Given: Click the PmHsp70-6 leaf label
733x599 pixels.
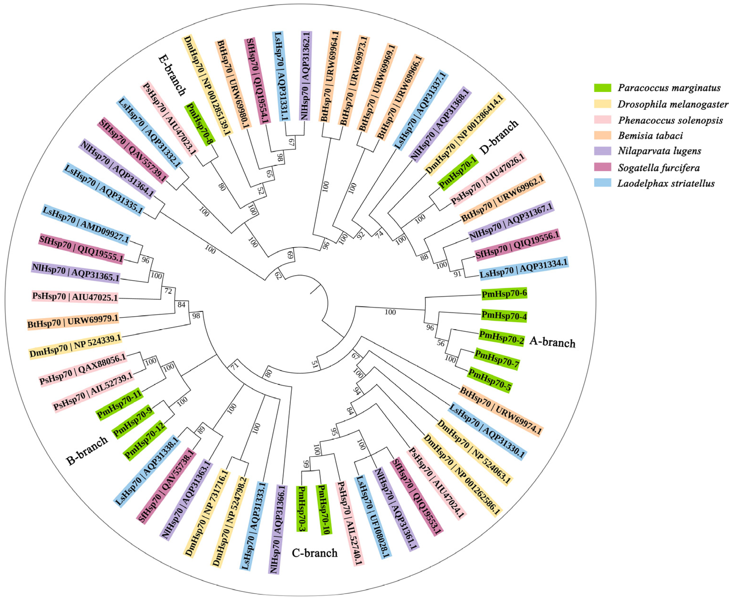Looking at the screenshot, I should point(504,294).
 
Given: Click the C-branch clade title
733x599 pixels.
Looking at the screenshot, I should point(315,553).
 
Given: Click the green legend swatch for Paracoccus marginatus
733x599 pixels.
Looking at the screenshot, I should point(603,88).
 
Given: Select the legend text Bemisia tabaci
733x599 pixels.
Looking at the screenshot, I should point(650,136).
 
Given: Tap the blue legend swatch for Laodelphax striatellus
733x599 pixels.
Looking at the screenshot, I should point(603,183).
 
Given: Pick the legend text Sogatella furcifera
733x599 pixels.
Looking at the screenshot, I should point(659,168).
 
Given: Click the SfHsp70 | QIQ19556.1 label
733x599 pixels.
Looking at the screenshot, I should point(517,245).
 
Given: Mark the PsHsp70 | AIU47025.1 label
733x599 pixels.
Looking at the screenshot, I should point(75,296).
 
